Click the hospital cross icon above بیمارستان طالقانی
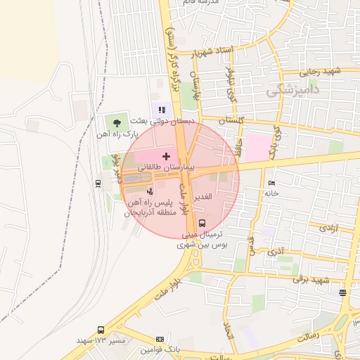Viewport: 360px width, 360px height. point(166,155)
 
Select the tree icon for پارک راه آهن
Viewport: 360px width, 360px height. point(117,122)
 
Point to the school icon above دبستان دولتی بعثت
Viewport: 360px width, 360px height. point(162,110)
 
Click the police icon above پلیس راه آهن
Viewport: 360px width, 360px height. point(148,191)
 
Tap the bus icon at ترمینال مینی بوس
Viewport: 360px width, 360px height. point(202,223)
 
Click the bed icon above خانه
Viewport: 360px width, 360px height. point(271,184)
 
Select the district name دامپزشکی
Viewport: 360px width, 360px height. point(293,90)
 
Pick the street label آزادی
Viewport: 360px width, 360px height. point(328,228)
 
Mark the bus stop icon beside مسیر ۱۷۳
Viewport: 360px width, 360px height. point(101,330)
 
